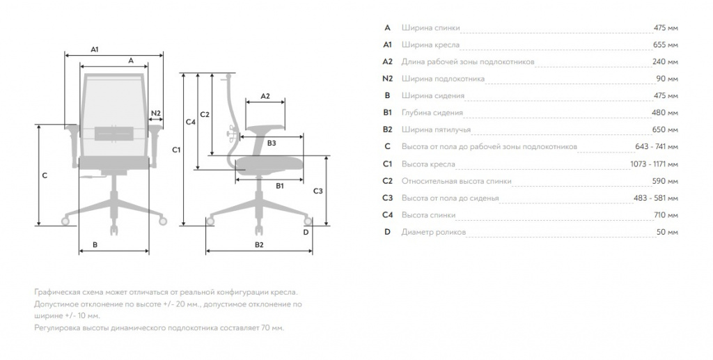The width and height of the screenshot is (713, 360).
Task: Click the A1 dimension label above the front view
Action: [x=95, y=49]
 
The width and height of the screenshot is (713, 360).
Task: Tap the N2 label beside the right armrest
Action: [x=156, y=114]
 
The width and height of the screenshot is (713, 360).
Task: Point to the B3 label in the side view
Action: [x=272, y=143]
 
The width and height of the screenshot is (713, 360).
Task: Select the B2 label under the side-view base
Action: [x=259, y=244]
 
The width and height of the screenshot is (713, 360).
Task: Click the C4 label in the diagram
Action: [x=191, y=122]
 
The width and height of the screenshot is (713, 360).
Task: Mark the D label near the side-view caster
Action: [x=306, y=233]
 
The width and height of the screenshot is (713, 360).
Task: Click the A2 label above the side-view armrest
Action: [x=265, y=96]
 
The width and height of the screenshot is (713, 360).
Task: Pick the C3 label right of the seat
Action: [x=318, y=191]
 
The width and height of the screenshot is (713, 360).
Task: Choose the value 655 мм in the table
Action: [x=665, y=45]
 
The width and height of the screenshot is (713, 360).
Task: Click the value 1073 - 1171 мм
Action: [x=654, y=164]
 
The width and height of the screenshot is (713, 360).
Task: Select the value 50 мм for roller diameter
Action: [x=667, y=232]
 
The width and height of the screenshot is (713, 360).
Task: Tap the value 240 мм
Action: [x=665, y=61]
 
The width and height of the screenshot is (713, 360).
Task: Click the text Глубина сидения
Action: [x=432, y=113]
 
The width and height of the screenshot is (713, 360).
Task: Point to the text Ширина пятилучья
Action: [x=436, y=130]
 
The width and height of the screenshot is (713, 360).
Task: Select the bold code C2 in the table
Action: [x=387, y=181]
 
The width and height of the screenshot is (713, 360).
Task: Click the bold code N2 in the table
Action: [x=387, y=79]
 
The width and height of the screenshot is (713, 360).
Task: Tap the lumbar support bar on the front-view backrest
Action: [x=113, y=133]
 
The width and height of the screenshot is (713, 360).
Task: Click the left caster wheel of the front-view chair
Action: [x=65, y=221]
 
